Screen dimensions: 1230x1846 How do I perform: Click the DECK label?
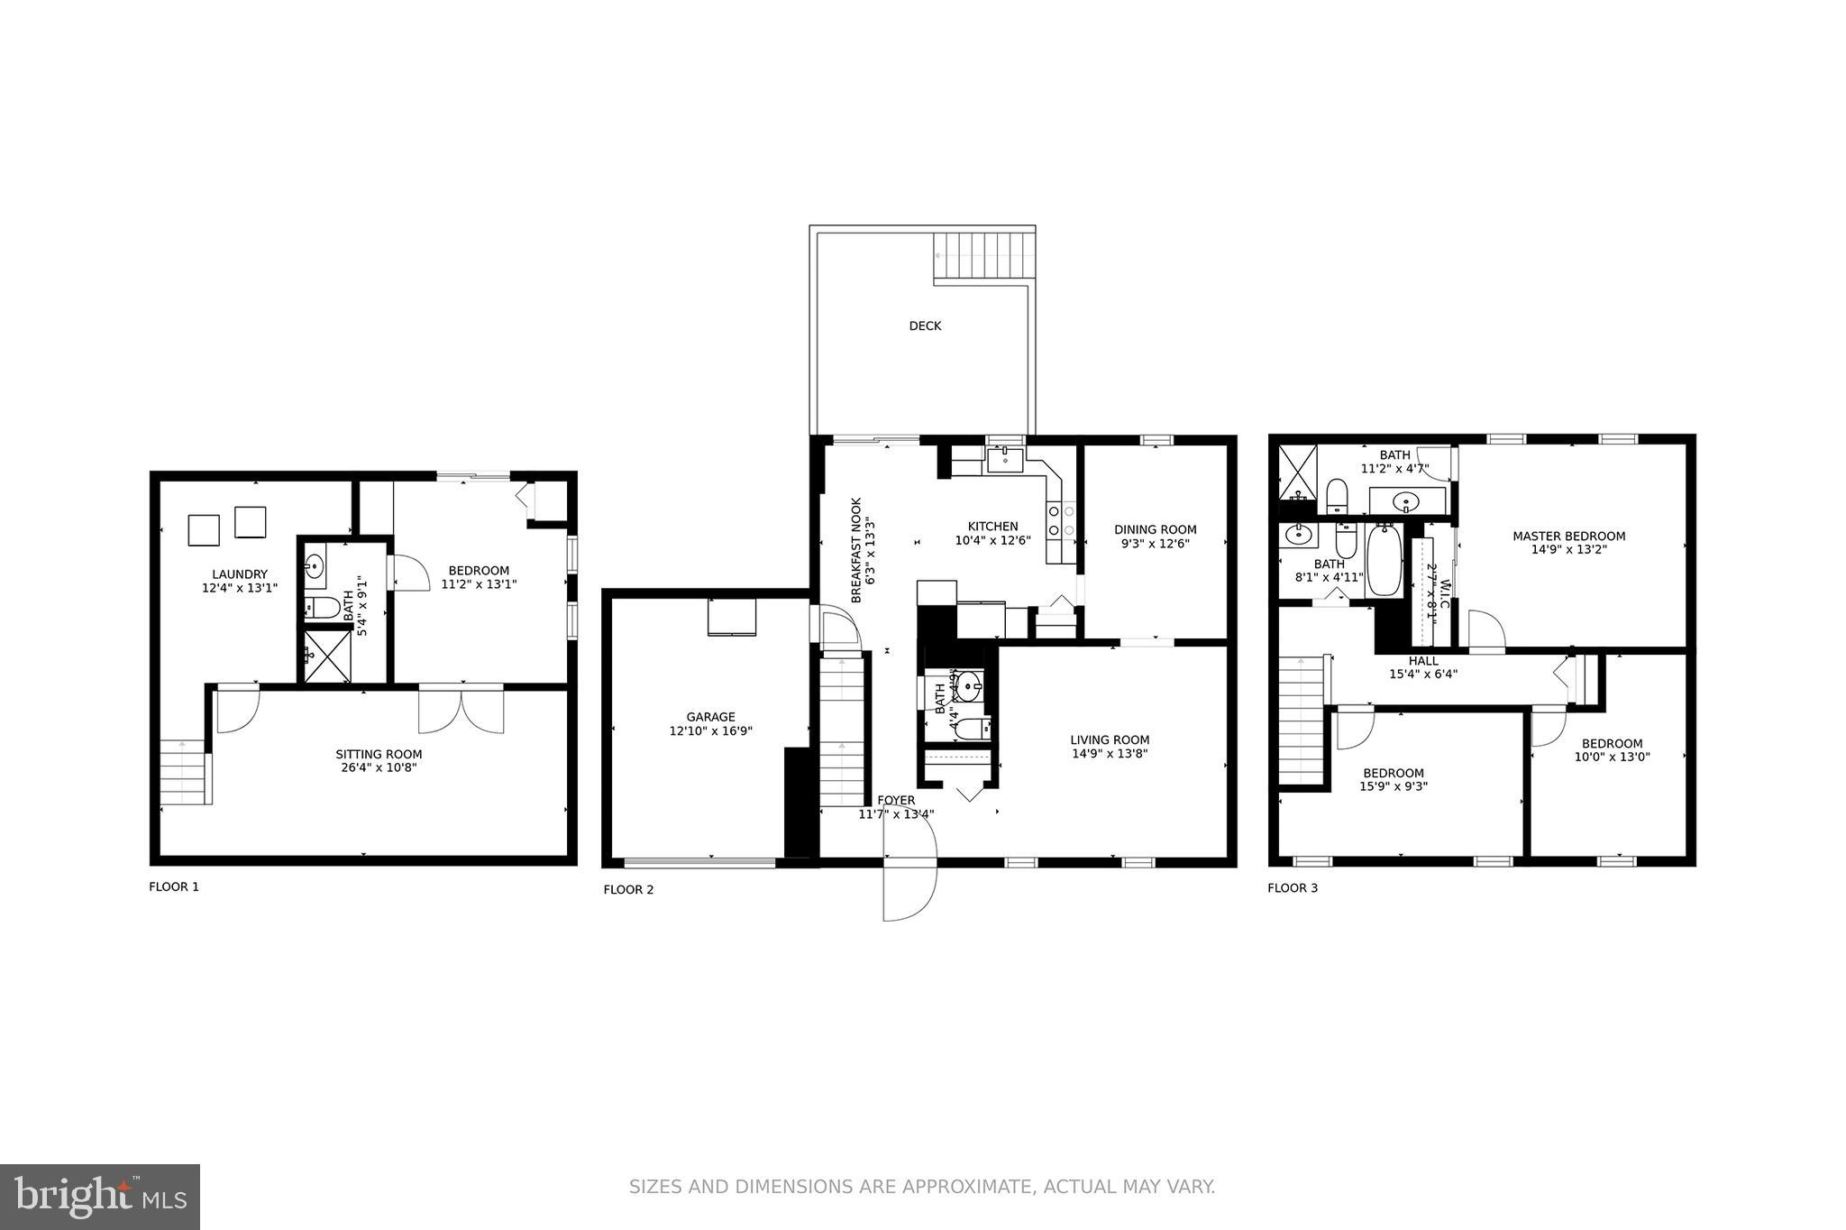[925, 326]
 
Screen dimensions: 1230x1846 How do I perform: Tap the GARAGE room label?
[710, 718]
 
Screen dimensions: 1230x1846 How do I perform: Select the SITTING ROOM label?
[379, 755]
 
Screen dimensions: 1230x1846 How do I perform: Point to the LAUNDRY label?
[240, 574]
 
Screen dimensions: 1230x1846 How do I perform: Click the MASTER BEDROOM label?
[1568, 537]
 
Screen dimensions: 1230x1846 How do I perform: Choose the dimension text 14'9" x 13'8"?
[1110, 754]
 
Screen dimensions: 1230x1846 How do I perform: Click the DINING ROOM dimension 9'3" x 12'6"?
[1156, 544]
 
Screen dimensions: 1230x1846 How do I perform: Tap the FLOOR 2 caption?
[628, 890]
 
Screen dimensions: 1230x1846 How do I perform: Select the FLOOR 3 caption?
[1293, 888]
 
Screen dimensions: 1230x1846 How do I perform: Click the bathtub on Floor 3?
[1384, 561]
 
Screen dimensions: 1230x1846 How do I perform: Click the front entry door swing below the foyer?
[909, 888]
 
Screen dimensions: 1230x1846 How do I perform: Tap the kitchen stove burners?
[1061, 521]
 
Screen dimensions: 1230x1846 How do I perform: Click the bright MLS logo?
[99, 1197]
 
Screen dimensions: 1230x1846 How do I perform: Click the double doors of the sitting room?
[461, 711]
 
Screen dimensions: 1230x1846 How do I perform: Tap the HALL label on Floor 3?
[1423, 661]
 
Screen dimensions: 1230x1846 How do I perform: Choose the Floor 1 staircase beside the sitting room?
[185, 773]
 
